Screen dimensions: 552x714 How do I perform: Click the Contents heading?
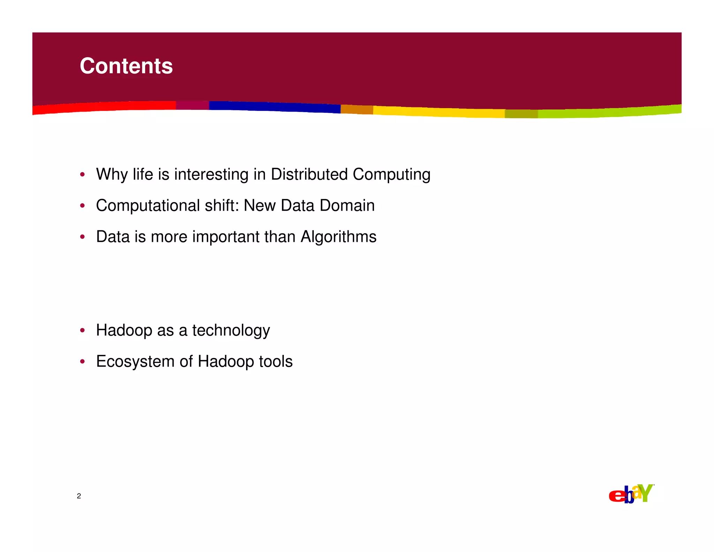tap(126, 66)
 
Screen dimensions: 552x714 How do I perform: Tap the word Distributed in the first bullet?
tap(309, 174)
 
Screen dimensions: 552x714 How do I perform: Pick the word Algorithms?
tap(338, 237)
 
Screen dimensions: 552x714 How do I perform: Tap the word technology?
tap(231, 330)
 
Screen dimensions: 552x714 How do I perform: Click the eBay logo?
tap(631, 494)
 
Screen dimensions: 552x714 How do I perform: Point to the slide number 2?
tap(79, 496)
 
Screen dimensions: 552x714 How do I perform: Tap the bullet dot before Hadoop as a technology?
tap(82, 330)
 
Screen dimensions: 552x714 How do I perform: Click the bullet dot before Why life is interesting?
tap(82, 174)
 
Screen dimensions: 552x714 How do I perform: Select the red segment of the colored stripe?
tap(105, 107)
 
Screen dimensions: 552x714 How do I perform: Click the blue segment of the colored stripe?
tap(275, 107)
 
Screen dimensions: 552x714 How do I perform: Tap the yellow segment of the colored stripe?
tap(439, 112)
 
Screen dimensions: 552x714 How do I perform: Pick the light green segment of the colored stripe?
tap(610, 112)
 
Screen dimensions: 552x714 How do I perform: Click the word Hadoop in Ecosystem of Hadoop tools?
tap(226, 362)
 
